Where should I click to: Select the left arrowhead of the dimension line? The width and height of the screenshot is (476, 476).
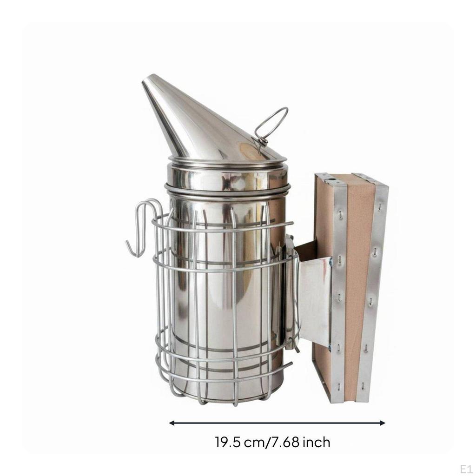[x=172, y=423]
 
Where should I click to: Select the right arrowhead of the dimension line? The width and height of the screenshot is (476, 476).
[x=382, y=423]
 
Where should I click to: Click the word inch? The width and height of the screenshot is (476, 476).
[x=316, y=443]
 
